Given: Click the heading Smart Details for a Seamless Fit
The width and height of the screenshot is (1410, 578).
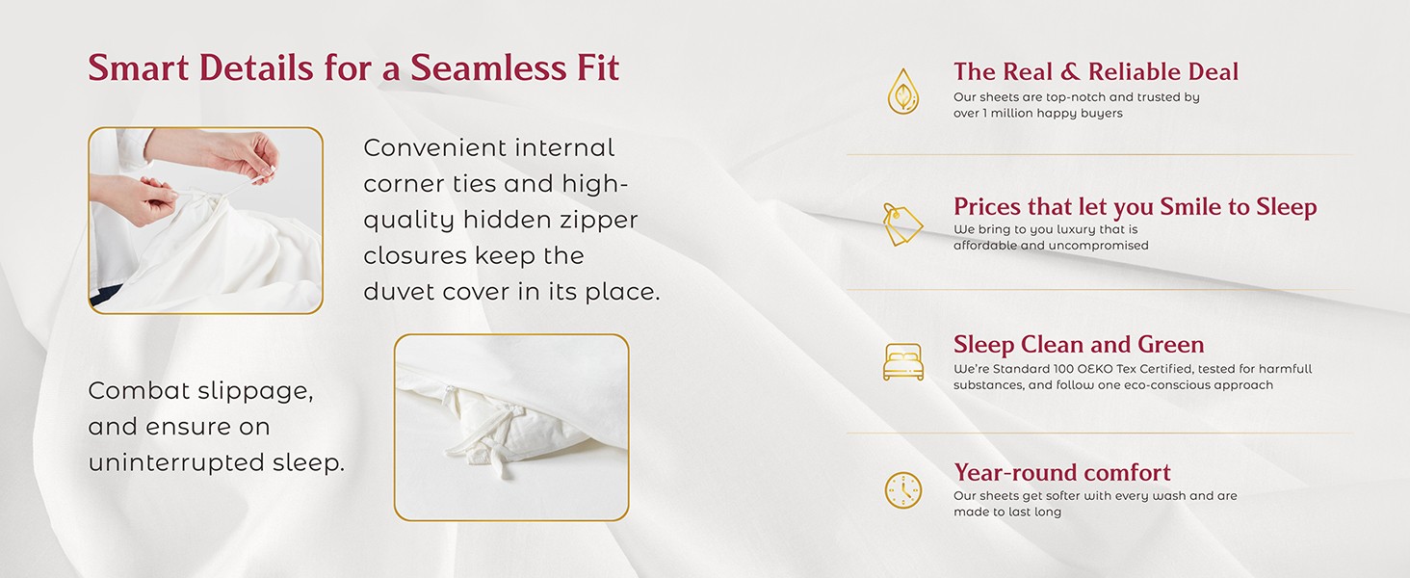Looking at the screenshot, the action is pyautogui.click(x=353, y=68).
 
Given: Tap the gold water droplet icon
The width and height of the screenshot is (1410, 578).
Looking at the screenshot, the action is pyautogui.click(x=903, y=92).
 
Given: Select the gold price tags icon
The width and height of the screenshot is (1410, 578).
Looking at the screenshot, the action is pyautogui.click(x=902, y=224).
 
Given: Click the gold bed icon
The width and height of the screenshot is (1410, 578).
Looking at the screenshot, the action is pyautogui.click(x=903, y=362).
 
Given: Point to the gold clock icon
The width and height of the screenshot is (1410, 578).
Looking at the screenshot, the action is pyautogui.click(x=903, y=489).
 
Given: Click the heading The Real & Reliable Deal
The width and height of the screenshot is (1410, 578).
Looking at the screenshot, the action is pyautogui.click(x=1096, y=72).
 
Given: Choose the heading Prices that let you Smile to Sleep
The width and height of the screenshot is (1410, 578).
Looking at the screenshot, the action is pyautogui.click(x=1135, y=207).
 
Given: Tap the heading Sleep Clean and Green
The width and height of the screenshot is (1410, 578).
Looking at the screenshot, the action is pyautogui.click(x=1079, y=345).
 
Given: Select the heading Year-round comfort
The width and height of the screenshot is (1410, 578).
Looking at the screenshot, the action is pyautogui.click(x=1062, y=472).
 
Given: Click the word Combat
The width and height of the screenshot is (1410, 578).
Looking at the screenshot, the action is pyautogui.click(x=138, y=390).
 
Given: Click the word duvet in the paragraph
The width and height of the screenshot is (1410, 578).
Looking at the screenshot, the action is pyautogui.click(x=399, y=292).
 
